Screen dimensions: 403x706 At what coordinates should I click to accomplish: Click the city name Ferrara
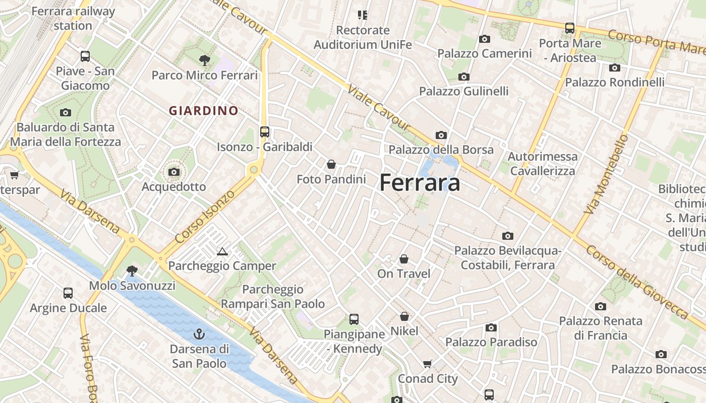pos(420,182)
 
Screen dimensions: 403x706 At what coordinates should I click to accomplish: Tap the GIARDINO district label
pos(204,111)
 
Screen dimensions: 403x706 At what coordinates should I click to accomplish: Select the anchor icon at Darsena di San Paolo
pos(199,333)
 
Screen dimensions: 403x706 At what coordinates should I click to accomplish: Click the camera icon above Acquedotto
pos(174,172)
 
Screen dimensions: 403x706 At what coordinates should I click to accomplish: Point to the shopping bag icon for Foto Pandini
pos(331,164)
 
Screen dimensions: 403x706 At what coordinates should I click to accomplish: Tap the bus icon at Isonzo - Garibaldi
pos(265,132)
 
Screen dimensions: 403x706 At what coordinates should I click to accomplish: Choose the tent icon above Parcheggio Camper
pos(222,251)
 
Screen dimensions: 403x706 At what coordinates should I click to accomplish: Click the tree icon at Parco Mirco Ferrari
pos(205,60)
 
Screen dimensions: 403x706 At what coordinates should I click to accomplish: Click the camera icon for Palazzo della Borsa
pos(441,135)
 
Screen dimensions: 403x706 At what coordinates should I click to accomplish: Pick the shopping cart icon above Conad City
pos(428,364)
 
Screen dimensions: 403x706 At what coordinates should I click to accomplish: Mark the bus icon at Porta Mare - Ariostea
pos(570,28)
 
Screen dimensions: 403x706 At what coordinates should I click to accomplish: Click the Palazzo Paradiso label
pos(491,342)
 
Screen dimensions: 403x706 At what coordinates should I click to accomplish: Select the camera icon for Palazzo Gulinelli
pos(464,77)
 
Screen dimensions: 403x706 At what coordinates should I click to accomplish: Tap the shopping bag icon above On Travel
pos(404,259)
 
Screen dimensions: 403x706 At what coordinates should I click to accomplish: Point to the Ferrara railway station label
pos(73,18)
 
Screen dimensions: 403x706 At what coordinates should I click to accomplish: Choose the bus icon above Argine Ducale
pos(68,293)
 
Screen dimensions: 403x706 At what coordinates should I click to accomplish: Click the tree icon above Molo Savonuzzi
pos(132,271)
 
